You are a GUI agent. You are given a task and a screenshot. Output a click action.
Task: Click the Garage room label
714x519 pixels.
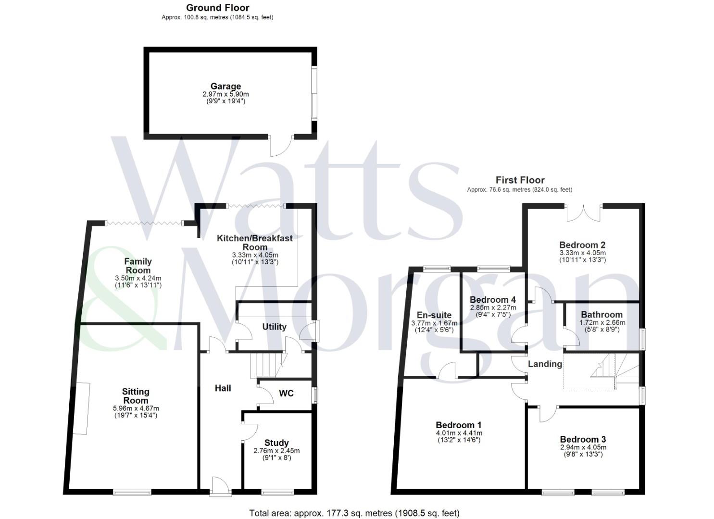tap(225, 86)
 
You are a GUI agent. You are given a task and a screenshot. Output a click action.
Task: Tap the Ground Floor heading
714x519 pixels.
tap(217, 8)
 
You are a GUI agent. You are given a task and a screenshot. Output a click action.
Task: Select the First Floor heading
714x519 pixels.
tap(520, 180)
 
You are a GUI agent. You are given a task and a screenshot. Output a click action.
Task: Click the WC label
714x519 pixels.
tap(286, 394)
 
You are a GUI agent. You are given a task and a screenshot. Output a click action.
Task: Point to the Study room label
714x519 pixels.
tap(276, 443)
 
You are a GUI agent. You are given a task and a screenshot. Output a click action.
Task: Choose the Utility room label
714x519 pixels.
tap(274, 327)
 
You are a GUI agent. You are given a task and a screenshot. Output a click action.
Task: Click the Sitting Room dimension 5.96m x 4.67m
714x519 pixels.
tap(136, 408)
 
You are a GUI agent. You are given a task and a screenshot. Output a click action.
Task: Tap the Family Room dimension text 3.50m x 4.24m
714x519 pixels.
tap(138, 278)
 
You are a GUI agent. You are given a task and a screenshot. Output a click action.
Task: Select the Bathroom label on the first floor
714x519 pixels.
tap(601, 315)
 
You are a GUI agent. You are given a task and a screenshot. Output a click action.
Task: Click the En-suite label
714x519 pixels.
tap(434, 315)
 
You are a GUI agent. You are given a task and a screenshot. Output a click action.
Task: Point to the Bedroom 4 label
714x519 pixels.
tap(493, 300)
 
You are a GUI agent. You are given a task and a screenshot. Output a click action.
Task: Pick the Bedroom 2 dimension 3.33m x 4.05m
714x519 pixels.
tap(582, 253)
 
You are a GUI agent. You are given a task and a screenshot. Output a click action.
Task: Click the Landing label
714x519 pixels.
tap(545, 364)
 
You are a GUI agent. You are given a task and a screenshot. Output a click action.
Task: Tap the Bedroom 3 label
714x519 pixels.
tap(583, 439)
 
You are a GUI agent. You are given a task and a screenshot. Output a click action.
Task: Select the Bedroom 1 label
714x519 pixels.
tap(458, 425)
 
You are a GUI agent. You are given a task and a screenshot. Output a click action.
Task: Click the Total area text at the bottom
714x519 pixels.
tap(354, 513)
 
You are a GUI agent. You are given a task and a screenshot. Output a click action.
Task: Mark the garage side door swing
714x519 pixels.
tap(281, 146)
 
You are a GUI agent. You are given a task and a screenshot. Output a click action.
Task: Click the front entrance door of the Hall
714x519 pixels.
tap(217, 485)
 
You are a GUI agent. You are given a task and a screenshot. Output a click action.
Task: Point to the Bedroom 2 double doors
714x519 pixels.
tap(583, 213)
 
